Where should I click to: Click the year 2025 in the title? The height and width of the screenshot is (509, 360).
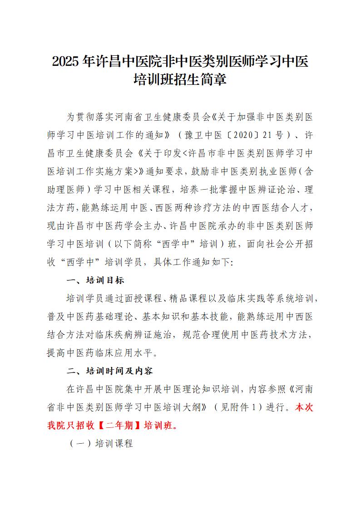click(x=67, y=61)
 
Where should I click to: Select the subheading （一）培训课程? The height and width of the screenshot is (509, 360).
click(x=100, y=444)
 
